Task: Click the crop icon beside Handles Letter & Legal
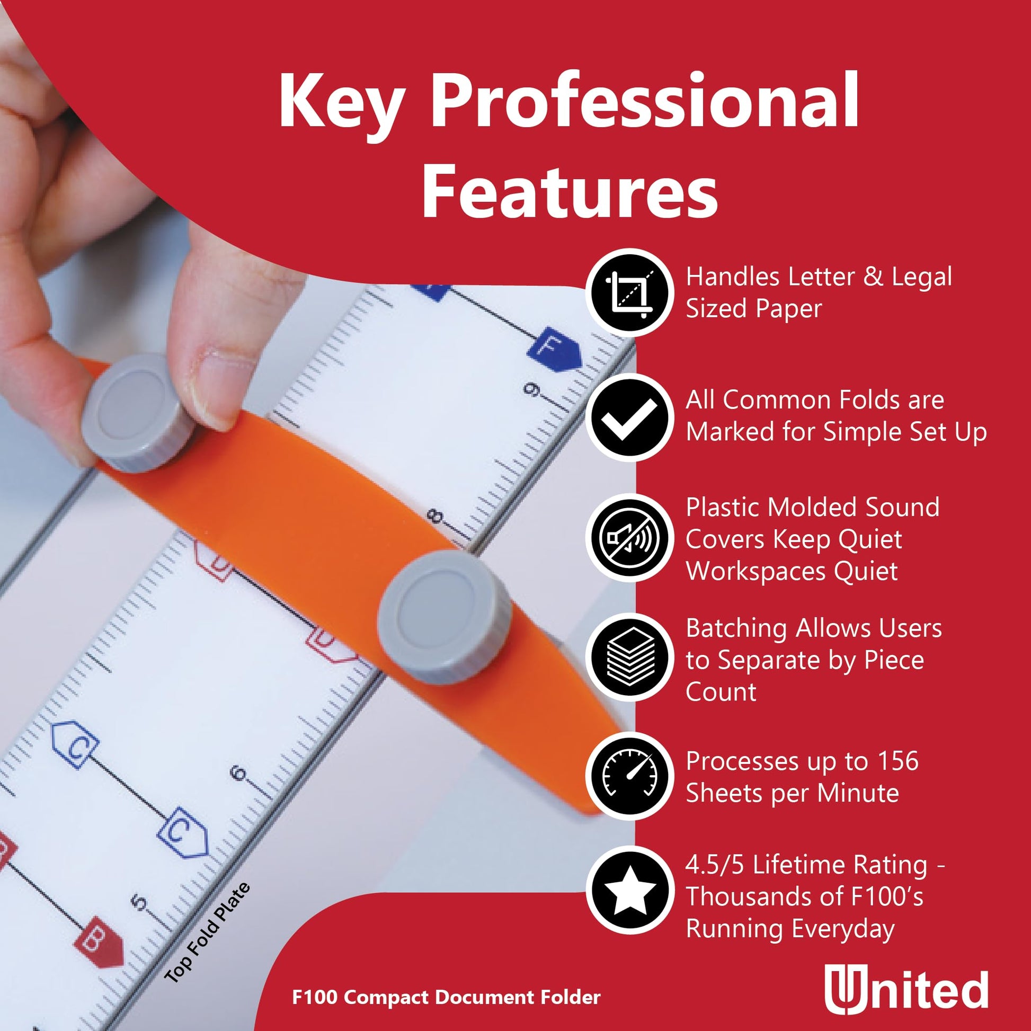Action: click(x=630, y=292)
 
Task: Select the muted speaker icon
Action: click(x=630, y=538)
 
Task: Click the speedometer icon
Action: click(x=630, y=777)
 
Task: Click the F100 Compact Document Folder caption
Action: click(x=446, y=997)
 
